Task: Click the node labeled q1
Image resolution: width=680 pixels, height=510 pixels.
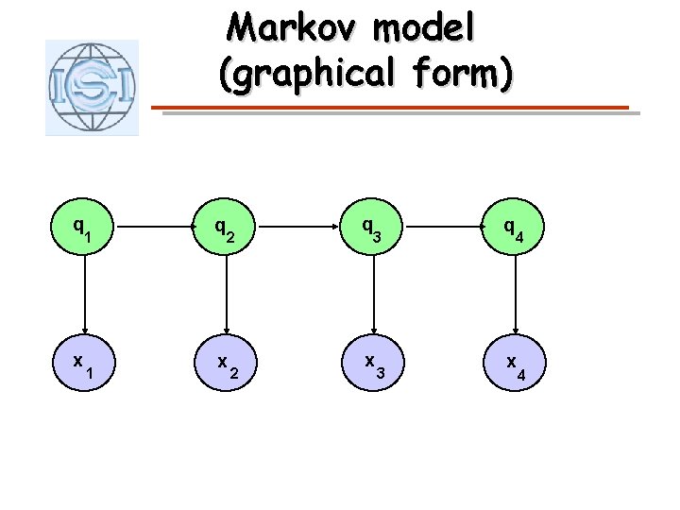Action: (84, 228)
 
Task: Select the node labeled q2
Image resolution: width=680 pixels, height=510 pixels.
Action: (225, 228)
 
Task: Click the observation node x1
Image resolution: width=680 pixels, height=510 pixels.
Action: (84, 365)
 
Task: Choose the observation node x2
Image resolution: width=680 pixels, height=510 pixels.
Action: (225, 365)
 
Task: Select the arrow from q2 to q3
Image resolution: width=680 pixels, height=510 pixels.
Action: (299, 228)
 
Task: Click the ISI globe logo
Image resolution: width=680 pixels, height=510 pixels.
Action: (92, 87)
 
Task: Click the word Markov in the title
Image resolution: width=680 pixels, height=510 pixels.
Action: (293, 28)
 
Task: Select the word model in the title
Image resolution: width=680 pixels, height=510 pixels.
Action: (424, 28)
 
